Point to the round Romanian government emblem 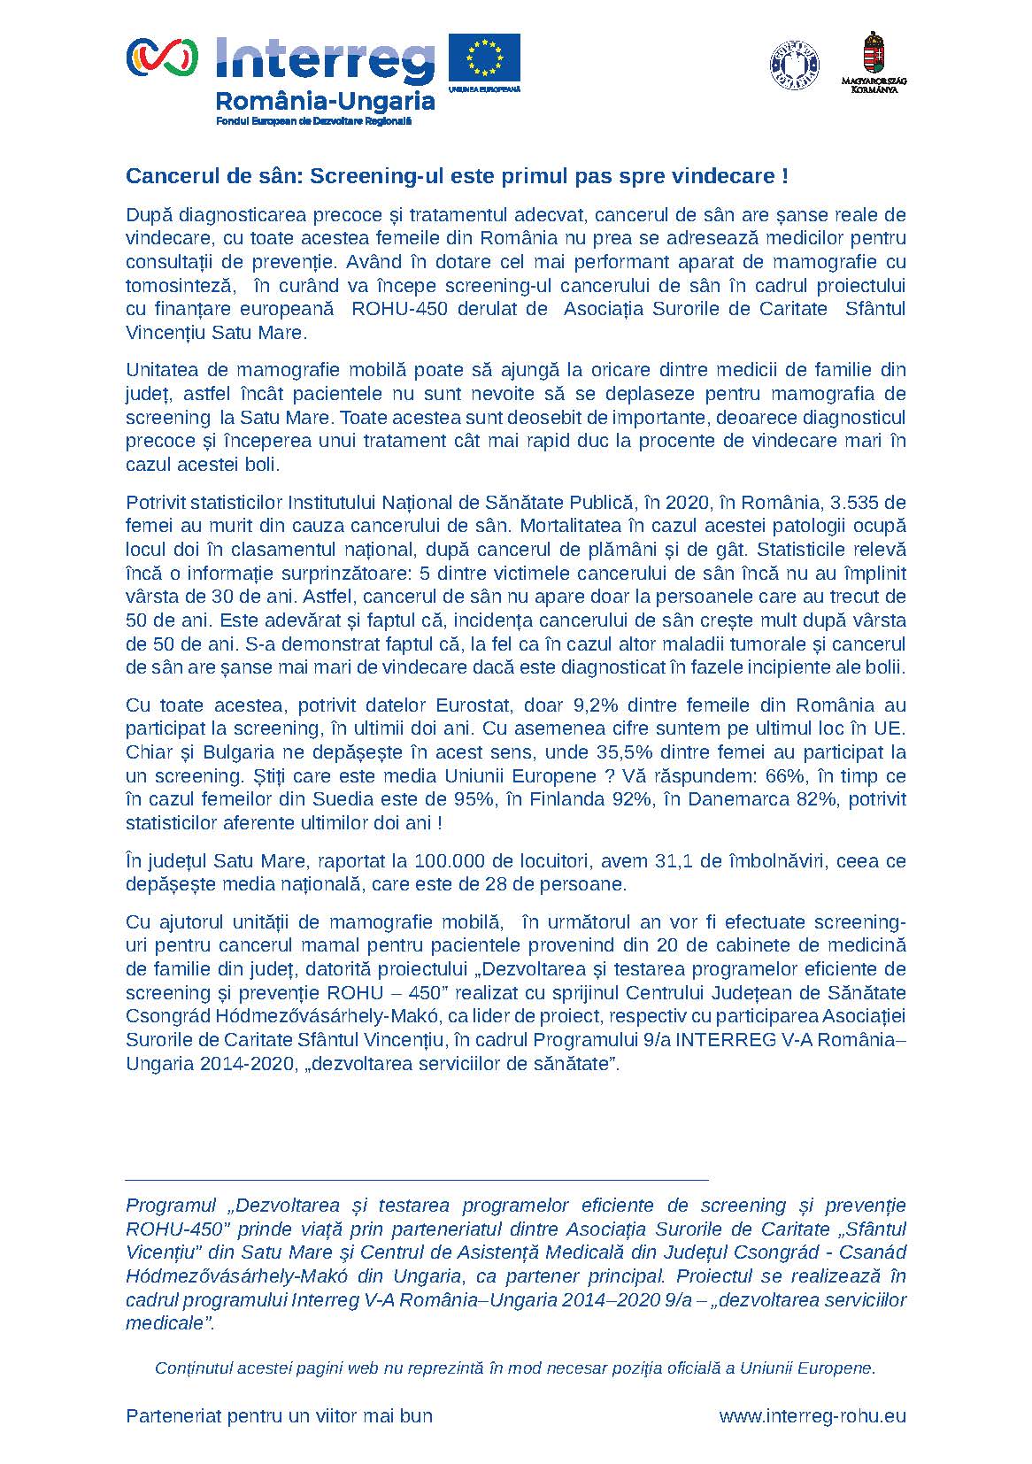[794, 65]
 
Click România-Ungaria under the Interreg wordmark [325, 101]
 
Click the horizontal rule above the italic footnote [417, 1180]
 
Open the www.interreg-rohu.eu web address [812, 1416]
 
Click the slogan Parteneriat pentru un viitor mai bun [280, 1416]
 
